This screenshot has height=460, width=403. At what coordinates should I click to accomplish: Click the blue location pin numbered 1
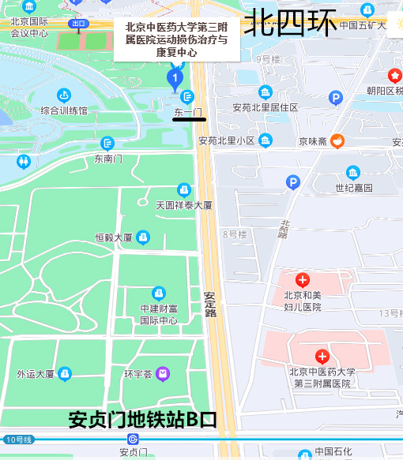tap(175, 78)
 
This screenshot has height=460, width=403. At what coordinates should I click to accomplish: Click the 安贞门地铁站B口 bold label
tap(142, 419)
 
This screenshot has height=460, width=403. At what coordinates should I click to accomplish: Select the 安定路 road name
tap(209, 304)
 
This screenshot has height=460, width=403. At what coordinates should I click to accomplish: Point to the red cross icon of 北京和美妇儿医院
tap(302, 280)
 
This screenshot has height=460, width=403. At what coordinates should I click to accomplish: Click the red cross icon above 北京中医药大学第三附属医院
tap(322, 356)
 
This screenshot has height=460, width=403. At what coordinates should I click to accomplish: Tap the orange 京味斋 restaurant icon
tap(337, 141)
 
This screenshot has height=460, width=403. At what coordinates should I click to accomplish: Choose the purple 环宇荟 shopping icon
tap(163, 373)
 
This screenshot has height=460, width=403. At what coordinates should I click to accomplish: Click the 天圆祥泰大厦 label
tap(184, 205)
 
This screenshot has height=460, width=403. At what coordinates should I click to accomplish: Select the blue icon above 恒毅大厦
tap(143, 237)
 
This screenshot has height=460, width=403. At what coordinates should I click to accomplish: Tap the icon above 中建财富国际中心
tap(159, 294)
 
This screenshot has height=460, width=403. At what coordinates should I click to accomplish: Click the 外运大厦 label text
tap(36, 374)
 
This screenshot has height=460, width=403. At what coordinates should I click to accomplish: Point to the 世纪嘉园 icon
tap(352, 172)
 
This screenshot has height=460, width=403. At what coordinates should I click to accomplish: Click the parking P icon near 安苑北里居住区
tap(336, 98)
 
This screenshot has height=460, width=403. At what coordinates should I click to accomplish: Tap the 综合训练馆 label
tap(64, 111)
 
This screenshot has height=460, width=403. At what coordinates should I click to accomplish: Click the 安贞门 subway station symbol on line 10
tap(133, 439)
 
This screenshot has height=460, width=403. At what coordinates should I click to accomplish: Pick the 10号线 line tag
tap(18, 439)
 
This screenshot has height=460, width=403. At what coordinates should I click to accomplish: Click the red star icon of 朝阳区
tap(394, 76)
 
